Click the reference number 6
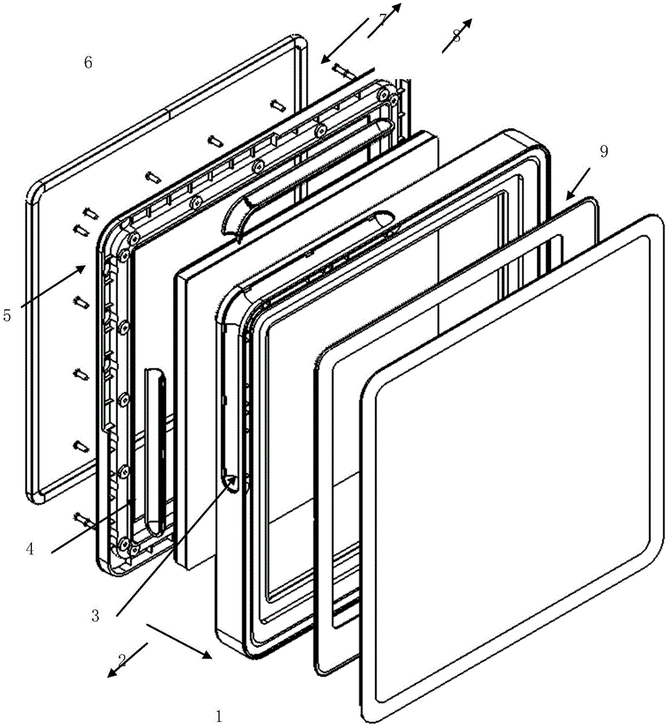pos(88,62)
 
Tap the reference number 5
pos(7,316)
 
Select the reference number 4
pos(30,550)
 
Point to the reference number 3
pos(95,616)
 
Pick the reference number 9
pos(603,151)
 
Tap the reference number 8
pos(456,36)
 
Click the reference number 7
pos(382,20)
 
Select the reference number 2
pos(122,660)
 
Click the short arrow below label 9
pos(579,184)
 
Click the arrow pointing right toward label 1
pos(180,641)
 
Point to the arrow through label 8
pos(457,36)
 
